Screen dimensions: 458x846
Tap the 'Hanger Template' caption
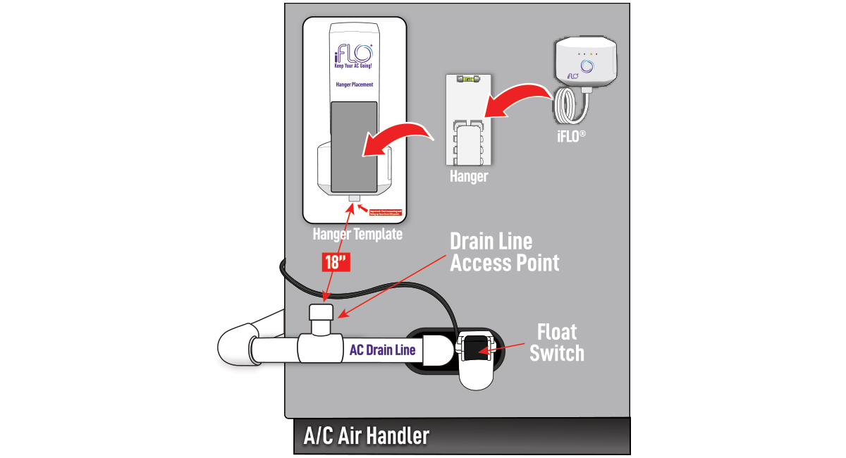click(x=357, y=234)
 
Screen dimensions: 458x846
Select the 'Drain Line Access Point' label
click(x=504, y=252)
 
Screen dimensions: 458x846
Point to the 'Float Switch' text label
click(x=557, y=342)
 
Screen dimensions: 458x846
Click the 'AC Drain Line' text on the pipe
click(x=383, y=349)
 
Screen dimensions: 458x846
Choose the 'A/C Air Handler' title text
click(x=366, y=435)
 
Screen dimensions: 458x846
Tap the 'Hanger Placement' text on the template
click(x=355, y=85)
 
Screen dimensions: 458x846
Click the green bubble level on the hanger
click(x=467, y=80)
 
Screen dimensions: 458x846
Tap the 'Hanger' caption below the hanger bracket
click(x=468, y=176)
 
